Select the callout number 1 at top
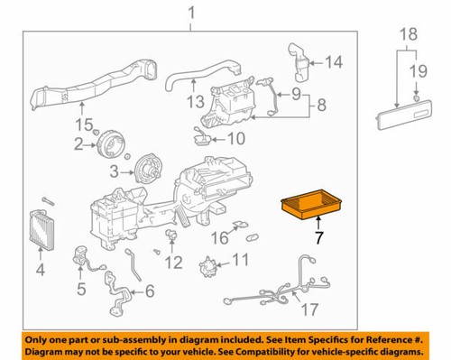point(190,12)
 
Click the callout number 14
point(334,62)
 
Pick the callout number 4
point(39,270)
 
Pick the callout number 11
point(238,260)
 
